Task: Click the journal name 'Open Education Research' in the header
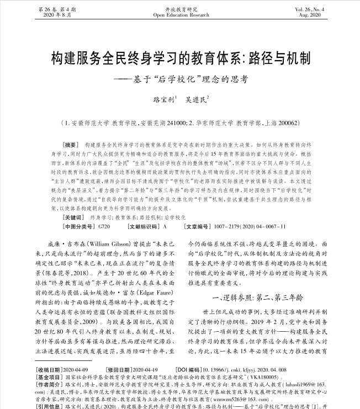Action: pyautogui.click(x=180, y=15)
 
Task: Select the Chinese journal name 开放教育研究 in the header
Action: pyautogui.click(x=180, y=9)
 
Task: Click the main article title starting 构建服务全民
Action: pyautogui.click(x=180, y=60)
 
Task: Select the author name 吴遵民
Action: pyautogui.click(x=198, y=100)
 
